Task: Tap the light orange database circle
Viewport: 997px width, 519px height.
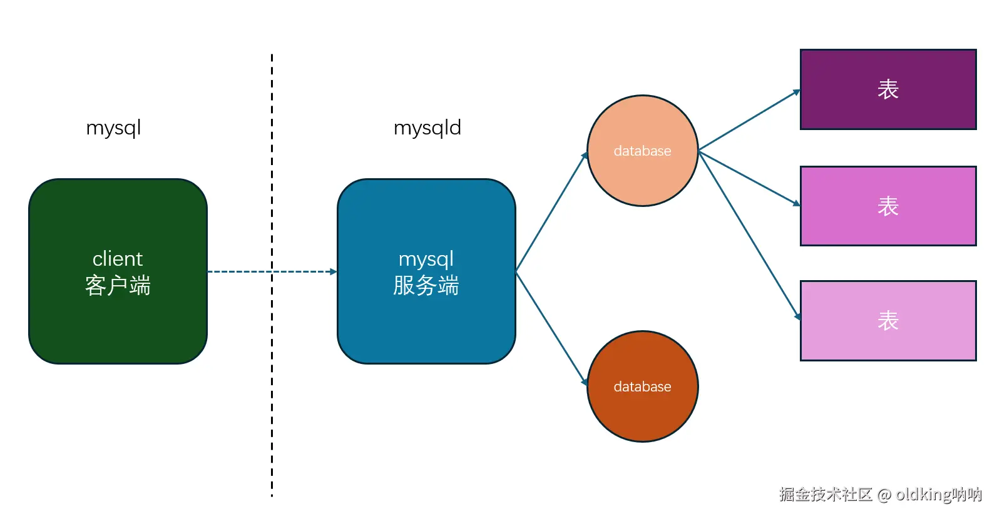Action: pyautogui.click(x=643, y=175)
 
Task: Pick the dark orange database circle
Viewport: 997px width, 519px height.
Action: pyautogui.click(x=643, y=413)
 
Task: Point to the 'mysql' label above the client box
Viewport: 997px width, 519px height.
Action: pyautogui.click(x=113, y=128)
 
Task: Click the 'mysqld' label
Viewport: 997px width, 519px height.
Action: pyautogui.click(x=427, y=128)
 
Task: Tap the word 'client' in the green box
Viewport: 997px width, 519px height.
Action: pyautogui.click(x=118, y=259)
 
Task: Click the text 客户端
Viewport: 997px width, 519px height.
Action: pyautogui.click(x=118, y=286)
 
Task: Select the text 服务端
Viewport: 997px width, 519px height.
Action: pyautogui.click(x=426, y=286)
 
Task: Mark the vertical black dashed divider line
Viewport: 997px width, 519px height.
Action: pyautogui.click(x=272, y=406)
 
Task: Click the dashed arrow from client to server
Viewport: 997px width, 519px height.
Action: pyautogui.click(x=300, y=271)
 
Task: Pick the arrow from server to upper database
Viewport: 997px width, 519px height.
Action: pyautogui.click(x=551, y=213)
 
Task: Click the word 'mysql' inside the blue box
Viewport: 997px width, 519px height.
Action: pyautogui.click(x=426, y=259)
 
